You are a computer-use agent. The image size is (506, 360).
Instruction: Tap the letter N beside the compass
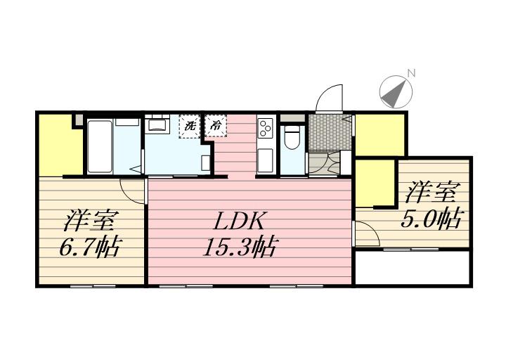[x=413, y=73]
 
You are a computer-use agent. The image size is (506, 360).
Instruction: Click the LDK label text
[x=240, y=221]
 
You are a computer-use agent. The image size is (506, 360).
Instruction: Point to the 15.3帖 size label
[x=240, y=247]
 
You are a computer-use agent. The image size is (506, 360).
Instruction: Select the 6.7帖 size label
[x=89, y=247]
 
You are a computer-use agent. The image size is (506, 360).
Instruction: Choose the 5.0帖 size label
[x=431, y=219]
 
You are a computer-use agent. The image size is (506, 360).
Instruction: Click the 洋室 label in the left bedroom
[x=89, y=221]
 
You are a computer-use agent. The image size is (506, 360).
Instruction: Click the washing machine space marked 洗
[x=188, y=127]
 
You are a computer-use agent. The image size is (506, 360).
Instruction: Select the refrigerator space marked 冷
[x=214, y=127]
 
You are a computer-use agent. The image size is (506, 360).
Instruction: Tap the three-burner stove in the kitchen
[x=266, y=129]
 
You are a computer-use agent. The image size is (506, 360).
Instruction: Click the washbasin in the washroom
[x=156, y=125]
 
